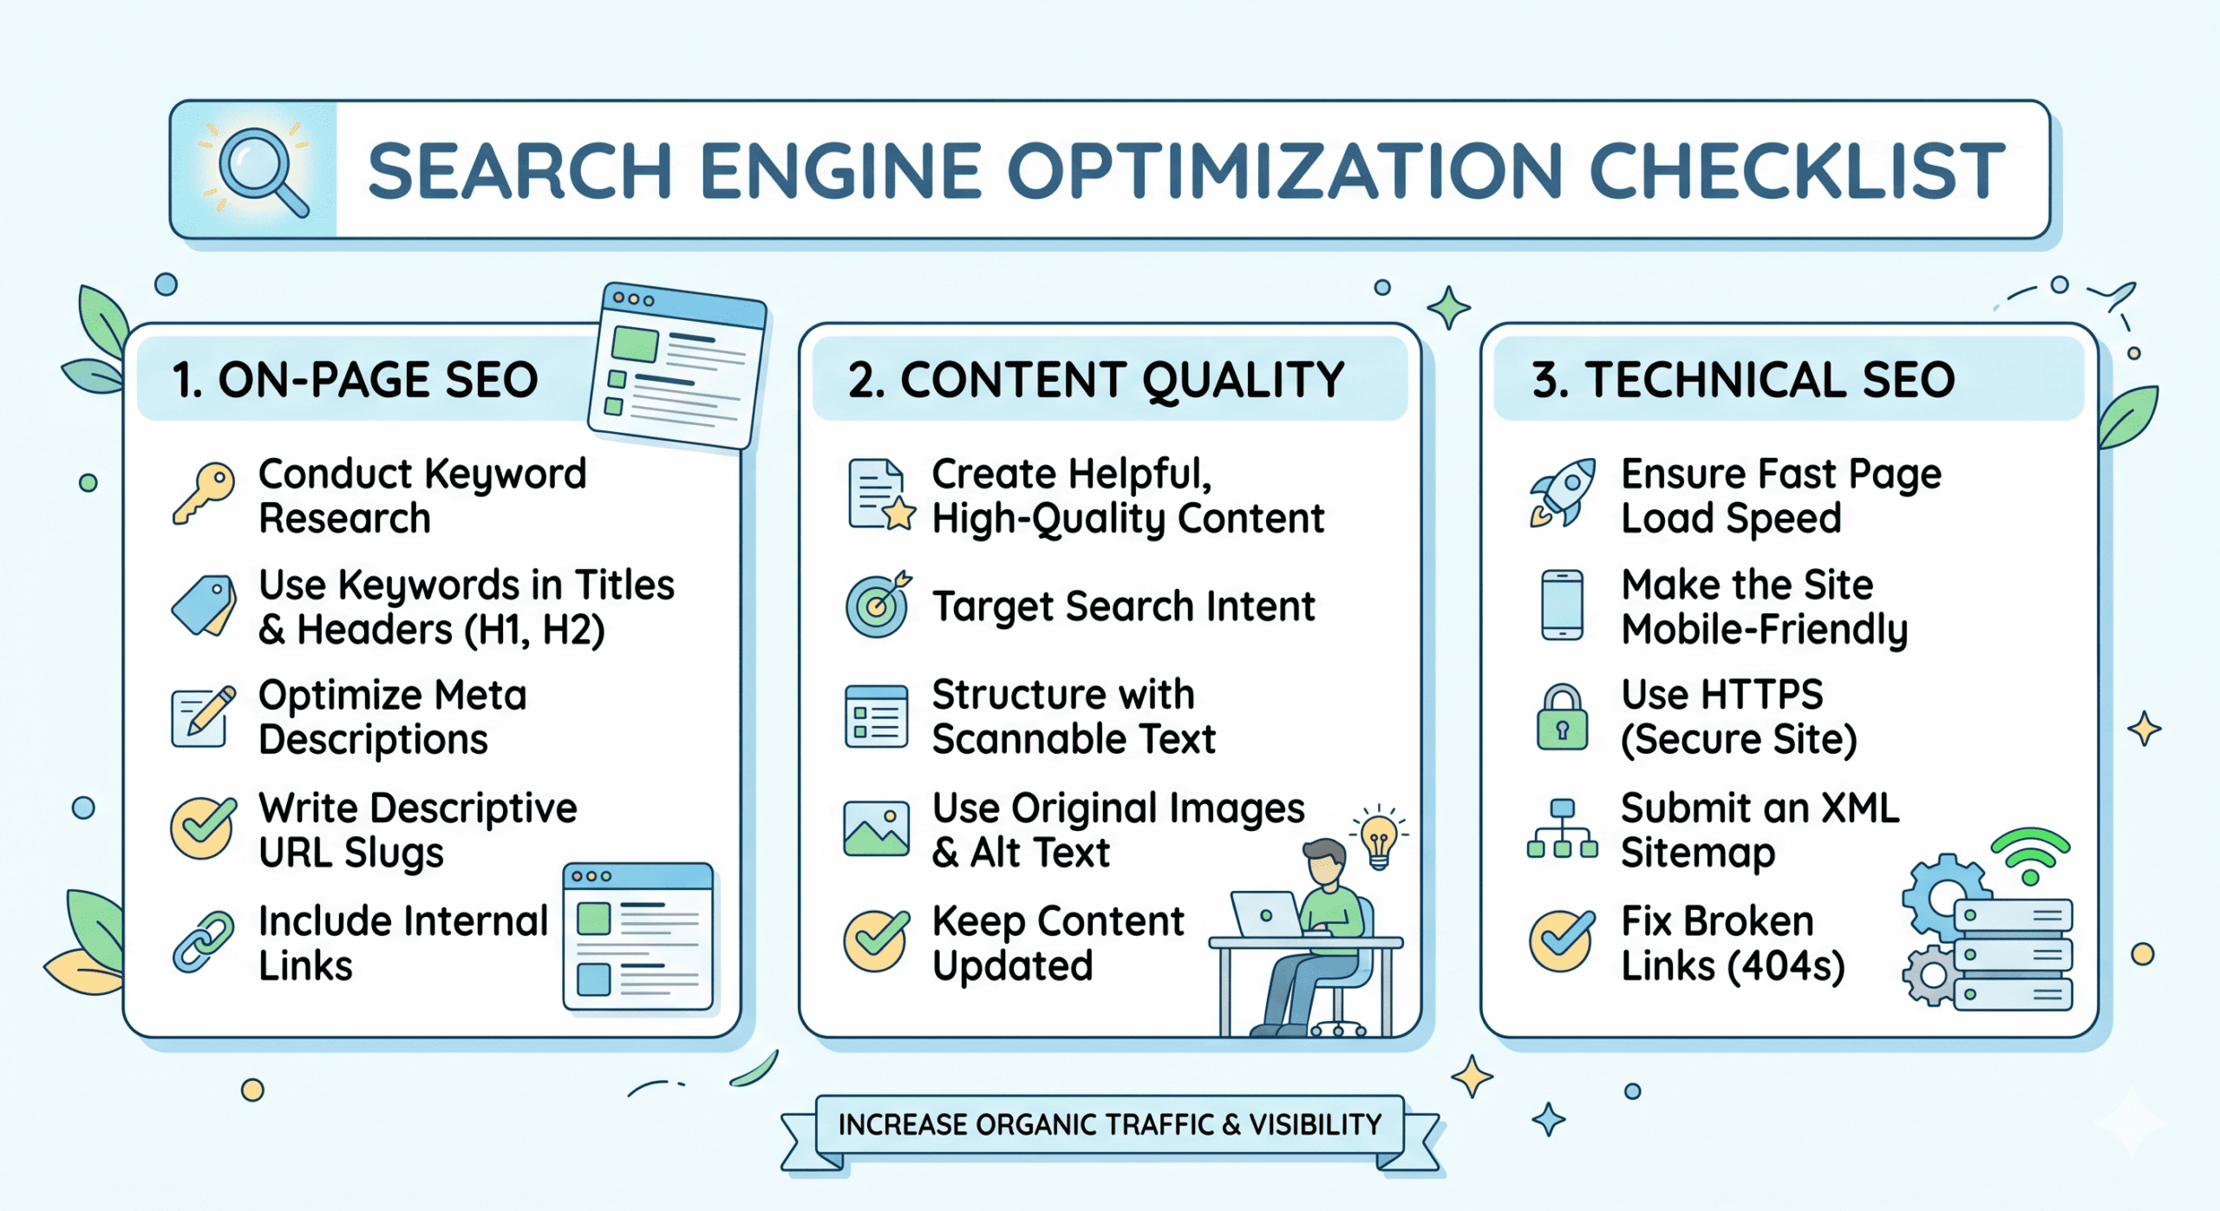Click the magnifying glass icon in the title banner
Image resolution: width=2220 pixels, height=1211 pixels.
pyautogui.click(x=258, y=168)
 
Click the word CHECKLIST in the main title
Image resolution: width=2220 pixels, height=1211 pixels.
pyautogui.click(x=1797, y=171)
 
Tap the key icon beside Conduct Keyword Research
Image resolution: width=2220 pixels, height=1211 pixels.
pyautogui.click(x=205, y=492)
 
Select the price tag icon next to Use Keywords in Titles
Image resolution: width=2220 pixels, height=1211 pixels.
pyautogui.click(x=205, y=605)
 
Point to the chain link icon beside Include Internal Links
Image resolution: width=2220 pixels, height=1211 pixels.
pyautogui.click(x=203, y=941)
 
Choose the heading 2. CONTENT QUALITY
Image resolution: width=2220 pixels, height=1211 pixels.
pyautogui.click(x=1096, y=380)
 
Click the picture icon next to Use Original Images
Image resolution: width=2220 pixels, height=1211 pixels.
pyautogui.click(x=877, y=828)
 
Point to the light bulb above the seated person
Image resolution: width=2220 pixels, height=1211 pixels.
pyautogui.click(x=1379, y=839)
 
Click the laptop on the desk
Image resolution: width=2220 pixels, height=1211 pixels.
pyautogui.click(x=1267, y=915)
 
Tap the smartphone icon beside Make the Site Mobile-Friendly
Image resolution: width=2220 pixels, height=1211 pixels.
pyautogui.click(x=1563, y=605)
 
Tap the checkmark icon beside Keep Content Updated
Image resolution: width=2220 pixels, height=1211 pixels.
pyautogui.click(x=877, y=940)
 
